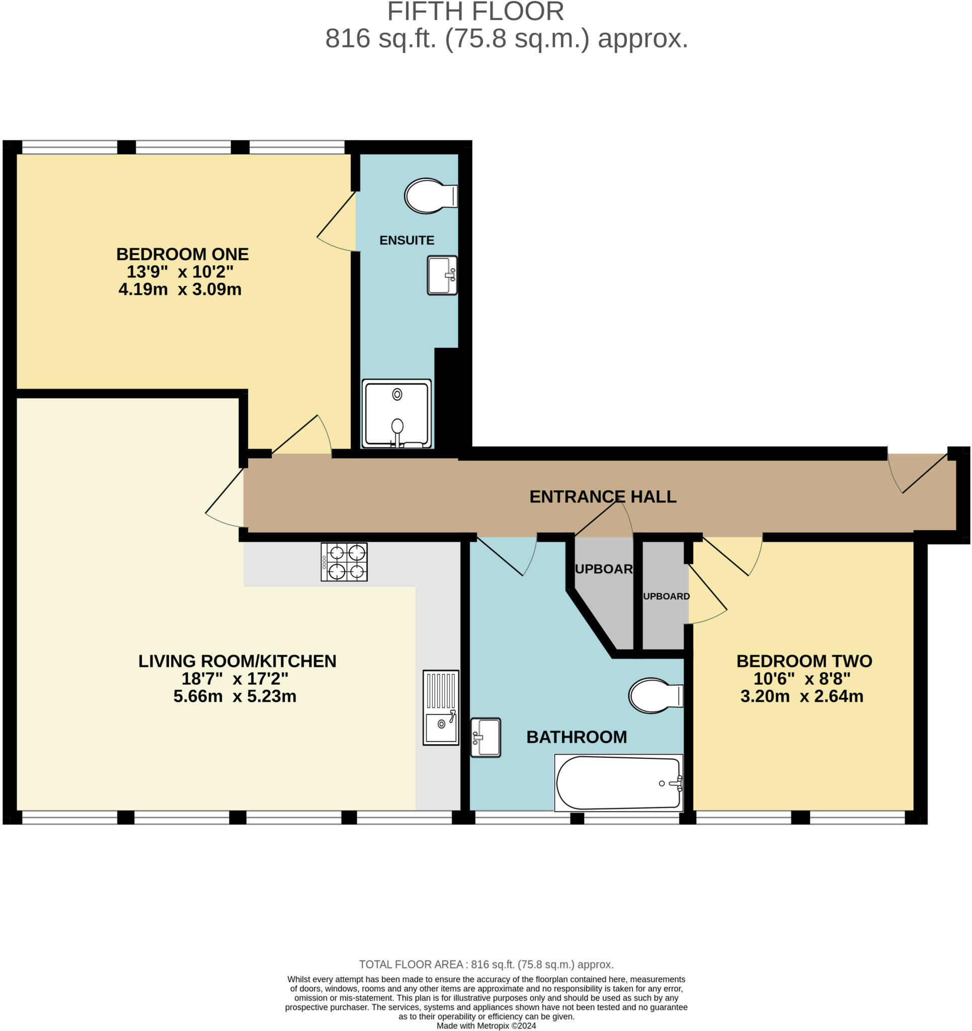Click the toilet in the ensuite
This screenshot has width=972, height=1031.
431,196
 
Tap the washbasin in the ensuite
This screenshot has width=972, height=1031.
442,275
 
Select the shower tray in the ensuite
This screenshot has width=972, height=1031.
396,413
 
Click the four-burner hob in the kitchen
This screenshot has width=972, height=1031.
344,562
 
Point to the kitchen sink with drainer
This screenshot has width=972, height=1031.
441,707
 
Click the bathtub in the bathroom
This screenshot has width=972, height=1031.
618,783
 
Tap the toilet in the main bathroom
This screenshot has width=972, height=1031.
656,695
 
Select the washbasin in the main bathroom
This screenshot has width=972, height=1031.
485,737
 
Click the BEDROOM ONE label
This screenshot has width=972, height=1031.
183,254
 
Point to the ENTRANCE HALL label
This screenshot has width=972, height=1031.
602,496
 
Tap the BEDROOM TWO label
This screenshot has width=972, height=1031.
804,660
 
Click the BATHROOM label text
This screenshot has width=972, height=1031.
577,737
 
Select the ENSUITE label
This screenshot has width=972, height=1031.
407,240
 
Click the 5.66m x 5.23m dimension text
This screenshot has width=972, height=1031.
235,696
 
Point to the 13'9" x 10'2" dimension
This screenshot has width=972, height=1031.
180,271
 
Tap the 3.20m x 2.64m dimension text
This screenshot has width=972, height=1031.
801,696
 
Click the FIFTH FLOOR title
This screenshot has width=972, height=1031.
475,12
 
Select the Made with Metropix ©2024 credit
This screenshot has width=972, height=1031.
487,1026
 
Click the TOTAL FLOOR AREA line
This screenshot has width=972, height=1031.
487,964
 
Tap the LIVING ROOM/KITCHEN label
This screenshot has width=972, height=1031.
237,660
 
